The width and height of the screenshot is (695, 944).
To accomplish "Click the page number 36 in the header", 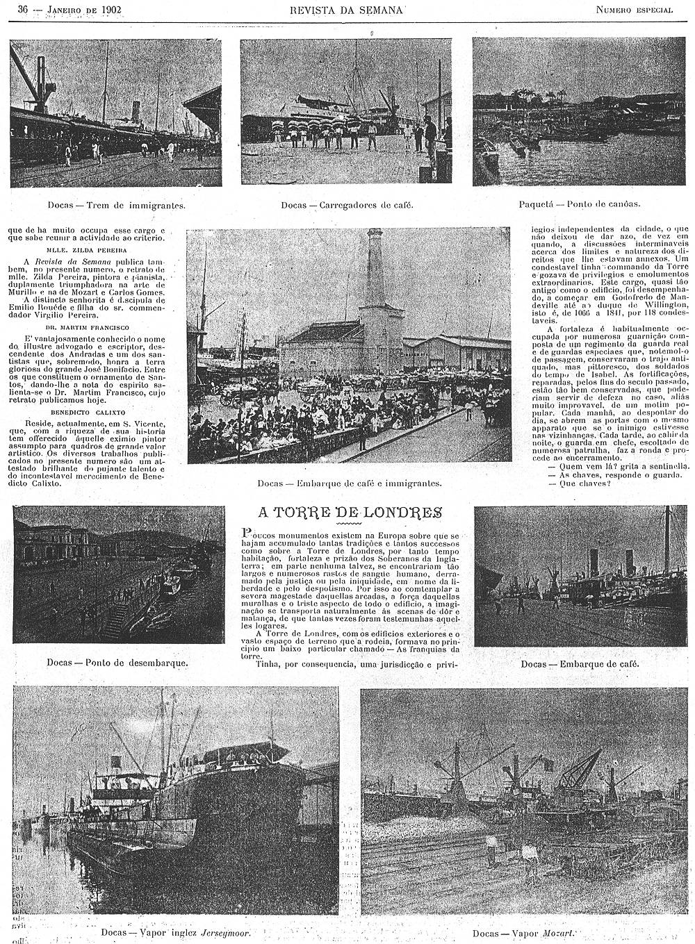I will pos(22,10).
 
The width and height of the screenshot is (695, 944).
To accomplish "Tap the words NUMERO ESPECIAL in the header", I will pos(634,10).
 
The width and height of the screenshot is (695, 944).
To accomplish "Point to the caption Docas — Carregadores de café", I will pos(347,206).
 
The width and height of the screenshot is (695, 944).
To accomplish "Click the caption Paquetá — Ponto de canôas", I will pos(579,205).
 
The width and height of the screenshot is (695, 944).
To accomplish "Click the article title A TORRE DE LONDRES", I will pos(350,513).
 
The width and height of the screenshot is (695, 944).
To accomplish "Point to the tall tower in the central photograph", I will pos(375,278).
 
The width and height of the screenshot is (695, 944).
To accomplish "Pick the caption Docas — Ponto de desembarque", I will pos(117,662).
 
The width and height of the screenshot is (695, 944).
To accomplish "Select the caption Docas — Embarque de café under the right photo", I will pos(579,664).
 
